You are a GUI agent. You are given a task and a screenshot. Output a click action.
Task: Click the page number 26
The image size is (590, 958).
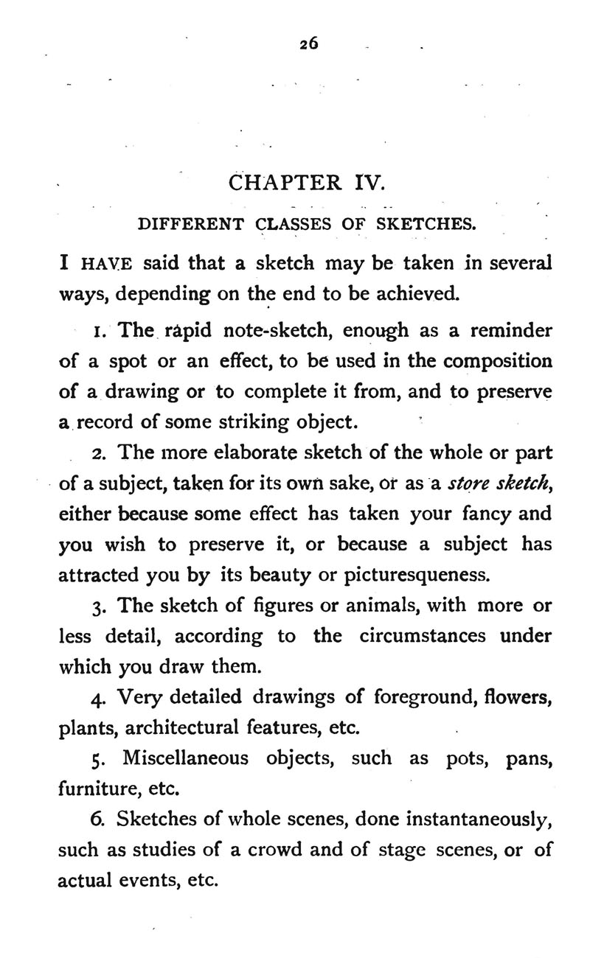click(x=309, y=43)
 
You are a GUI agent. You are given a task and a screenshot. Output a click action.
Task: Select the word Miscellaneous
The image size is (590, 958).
click(x=185, y=758)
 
